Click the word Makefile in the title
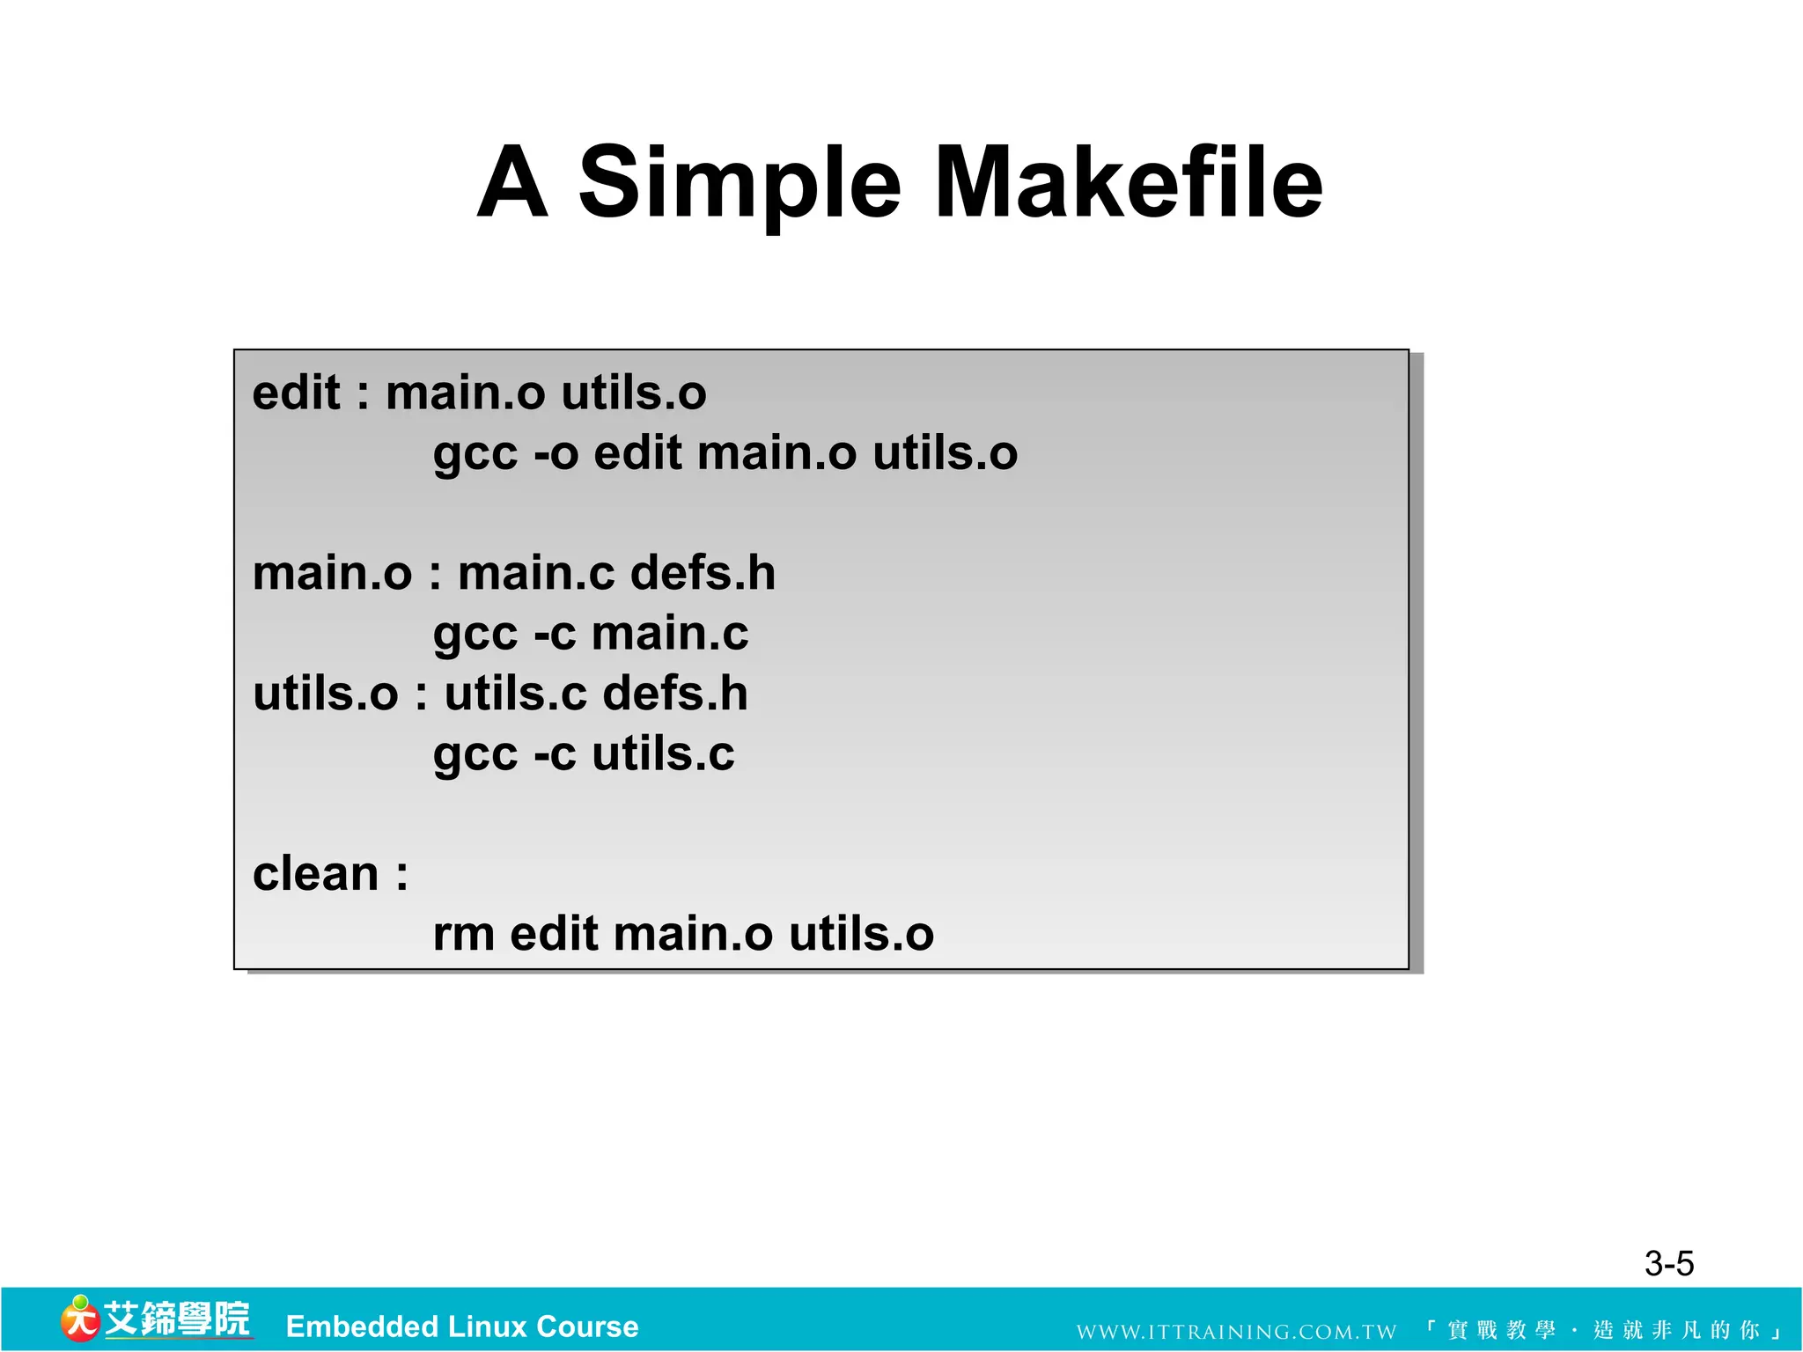1128,182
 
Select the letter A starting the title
512,182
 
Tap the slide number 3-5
1668,1263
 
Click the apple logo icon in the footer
79,1319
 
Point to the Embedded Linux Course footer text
462,1326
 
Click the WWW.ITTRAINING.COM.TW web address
1236,1332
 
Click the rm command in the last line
463,934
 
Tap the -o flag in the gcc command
556,453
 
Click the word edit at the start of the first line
296,393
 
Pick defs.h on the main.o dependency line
703,573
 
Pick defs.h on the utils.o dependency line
675,694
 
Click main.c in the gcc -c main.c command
670,634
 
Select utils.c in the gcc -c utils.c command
663,754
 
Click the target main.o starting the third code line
332,573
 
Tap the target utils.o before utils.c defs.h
325,694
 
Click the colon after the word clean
401,875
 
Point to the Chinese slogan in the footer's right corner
1602,1330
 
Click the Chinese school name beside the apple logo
177,1319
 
